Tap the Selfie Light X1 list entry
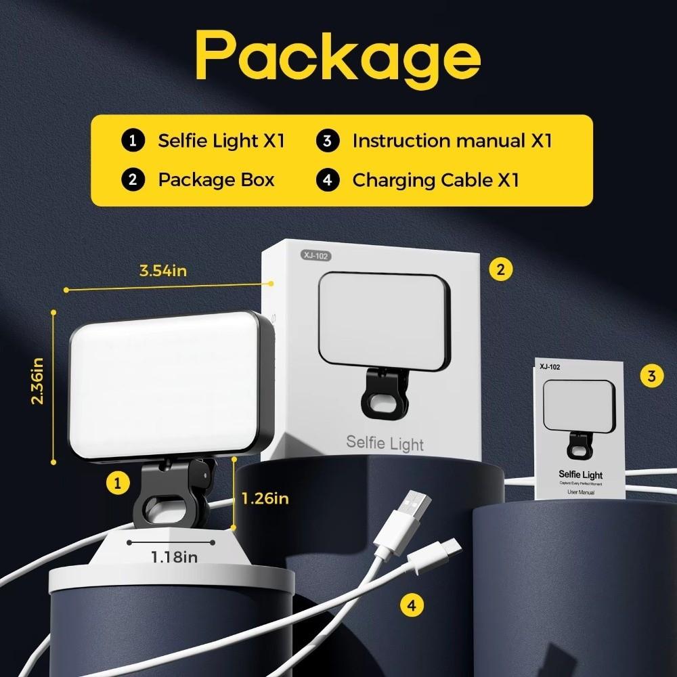[221, 141]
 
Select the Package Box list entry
[216, 179]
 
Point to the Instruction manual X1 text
[452, 141]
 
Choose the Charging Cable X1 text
[435, 179]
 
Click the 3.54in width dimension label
[162, 271]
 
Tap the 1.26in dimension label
[265, 499]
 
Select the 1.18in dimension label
[174, 556]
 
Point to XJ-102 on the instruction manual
[550, 367]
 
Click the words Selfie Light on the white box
[385, 443]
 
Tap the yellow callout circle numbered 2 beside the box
[500, 269]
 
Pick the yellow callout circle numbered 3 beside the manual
[651, 376]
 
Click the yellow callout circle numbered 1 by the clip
[118, 483]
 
